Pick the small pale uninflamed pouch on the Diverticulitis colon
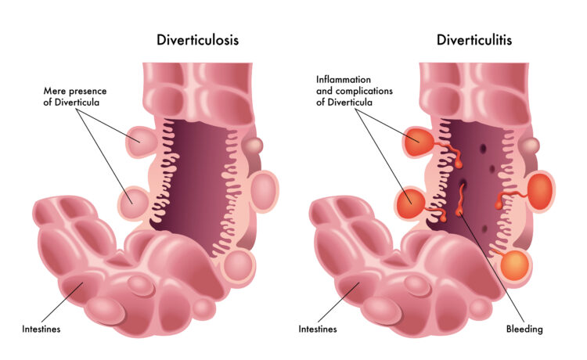tap(531, 145)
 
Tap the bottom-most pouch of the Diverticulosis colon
tap(237, 265)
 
